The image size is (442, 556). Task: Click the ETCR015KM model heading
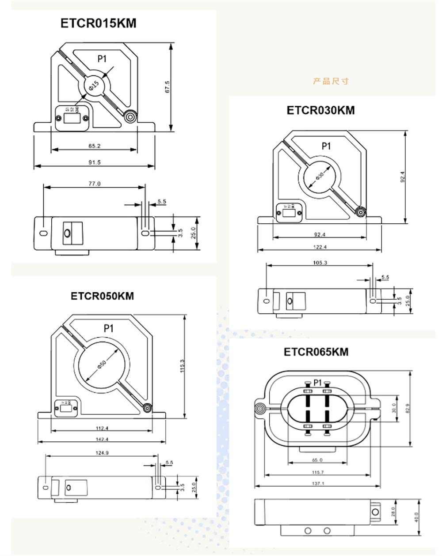(98, 23)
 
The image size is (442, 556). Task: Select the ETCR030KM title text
(320, 110)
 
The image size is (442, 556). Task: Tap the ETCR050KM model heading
(102, 296)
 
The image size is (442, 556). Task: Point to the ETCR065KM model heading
(316, 352)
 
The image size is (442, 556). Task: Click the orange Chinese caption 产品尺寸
(331, 81)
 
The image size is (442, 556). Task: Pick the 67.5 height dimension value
(167, 86)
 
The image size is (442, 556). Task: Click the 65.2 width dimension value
(94, 146)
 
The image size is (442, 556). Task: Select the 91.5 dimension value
(94, 162)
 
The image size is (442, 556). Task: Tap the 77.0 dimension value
(94, 184)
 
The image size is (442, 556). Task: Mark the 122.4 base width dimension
(320, 247)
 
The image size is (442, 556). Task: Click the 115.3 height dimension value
(182, 366)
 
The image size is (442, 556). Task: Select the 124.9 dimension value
(102, 453)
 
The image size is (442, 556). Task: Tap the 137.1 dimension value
(317, 483)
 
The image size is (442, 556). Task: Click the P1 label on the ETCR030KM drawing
(326, 146)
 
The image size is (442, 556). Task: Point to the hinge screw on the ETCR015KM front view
(130, 117)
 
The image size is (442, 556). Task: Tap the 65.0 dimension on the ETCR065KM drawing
(317, 460)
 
